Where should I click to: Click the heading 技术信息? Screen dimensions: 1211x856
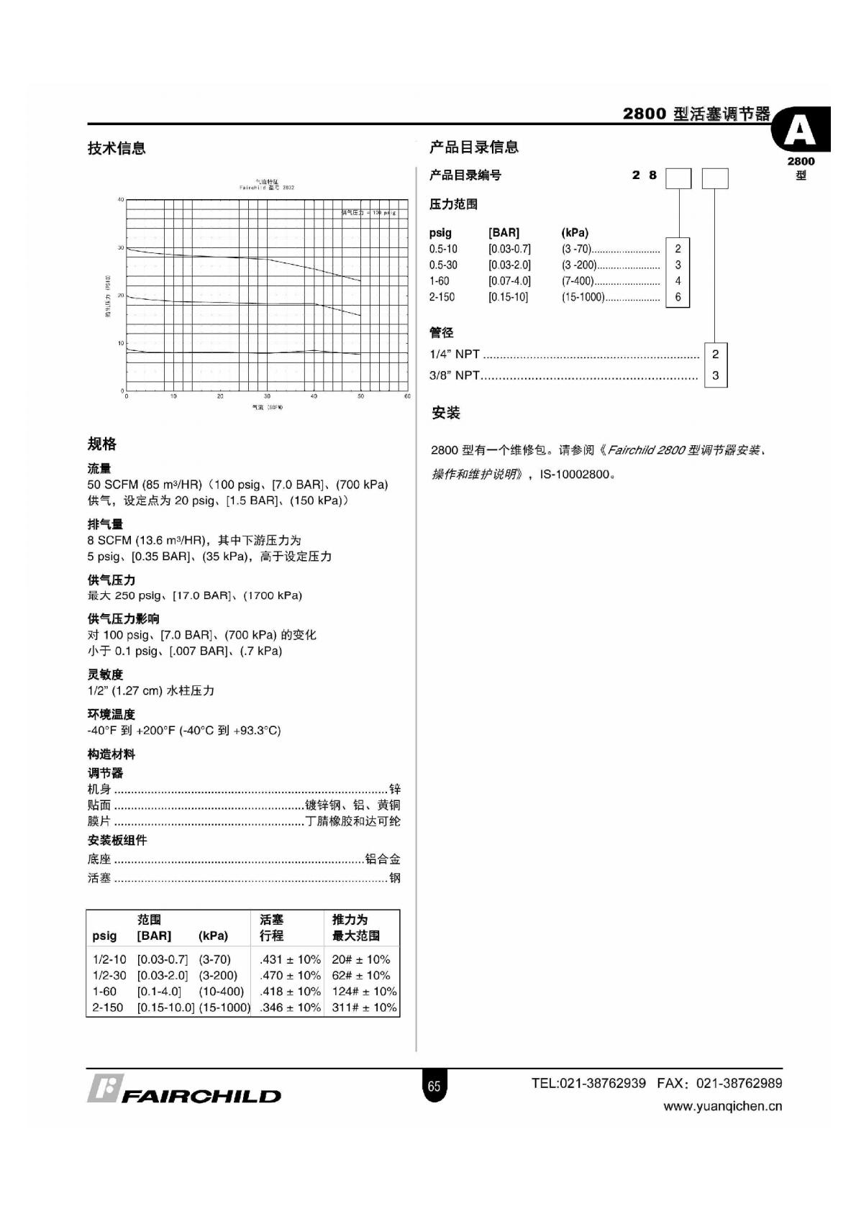coord(117,148)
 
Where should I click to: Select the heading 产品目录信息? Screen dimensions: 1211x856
coord(474,147)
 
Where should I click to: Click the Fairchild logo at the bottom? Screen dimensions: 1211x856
coord(184,1090)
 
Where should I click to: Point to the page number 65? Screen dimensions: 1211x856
coord(434,1086)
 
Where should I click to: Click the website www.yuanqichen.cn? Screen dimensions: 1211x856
coord(722,1107)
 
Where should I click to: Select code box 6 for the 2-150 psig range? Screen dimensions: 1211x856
coord(678,297)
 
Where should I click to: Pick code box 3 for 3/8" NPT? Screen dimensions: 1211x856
coord(715,375)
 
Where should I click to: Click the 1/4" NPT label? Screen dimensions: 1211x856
coord(455,355)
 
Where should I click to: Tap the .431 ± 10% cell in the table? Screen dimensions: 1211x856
coord(290,959)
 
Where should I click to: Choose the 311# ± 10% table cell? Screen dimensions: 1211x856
coord(364,1007)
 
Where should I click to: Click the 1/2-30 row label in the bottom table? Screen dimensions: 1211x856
coord(109,976)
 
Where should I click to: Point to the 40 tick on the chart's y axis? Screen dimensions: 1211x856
coord(121,199)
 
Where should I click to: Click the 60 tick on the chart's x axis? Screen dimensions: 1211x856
coord(407,396)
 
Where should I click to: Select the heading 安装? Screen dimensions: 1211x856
coord(445,413)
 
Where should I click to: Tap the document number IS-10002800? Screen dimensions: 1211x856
coord(574,475)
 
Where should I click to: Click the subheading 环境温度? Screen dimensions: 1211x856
coord(111,714)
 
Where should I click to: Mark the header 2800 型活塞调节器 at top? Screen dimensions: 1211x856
coord(696,114)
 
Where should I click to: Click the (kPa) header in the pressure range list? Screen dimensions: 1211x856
coord(575,233)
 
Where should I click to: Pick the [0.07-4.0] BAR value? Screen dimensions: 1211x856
coord(509,281)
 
